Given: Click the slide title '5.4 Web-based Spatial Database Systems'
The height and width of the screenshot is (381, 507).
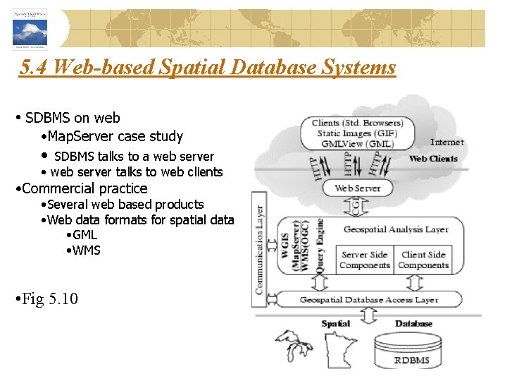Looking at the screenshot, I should [208, 68].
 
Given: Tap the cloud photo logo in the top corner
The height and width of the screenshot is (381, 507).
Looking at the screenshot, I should [30, 30].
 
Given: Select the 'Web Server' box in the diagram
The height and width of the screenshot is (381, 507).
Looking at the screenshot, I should [358, 188].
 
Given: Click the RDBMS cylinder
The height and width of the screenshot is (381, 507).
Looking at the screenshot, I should [411, 351].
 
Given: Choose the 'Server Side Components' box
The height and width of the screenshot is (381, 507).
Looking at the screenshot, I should [364, 260].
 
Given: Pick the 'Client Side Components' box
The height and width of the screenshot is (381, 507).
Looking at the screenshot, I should [423, 260].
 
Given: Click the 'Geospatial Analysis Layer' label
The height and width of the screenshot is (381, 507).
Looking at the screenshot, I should [396, 229].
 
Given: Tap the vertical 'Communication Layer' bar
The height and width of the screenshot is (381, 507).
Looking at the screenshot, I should [258, 250].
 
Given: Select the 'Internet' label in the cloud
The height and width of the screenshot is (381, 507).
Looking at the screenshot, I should [447, 143].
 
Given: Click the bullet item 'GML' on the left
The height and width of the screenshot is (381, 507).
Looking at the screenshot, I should [84, 235].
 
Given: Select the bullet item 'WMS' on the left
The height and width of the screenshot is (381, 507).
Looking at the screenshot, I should [86, 250].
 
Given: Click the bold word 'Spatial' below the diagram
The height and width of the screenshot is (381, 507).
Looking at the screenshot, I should [335, 324].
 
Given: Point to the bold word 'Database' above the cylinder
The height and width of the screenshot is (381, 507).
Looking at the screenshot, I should [413, 324].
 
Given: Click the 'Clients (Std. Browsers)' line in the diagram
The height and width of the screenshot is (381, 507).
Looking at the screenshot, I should [358, 123].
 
